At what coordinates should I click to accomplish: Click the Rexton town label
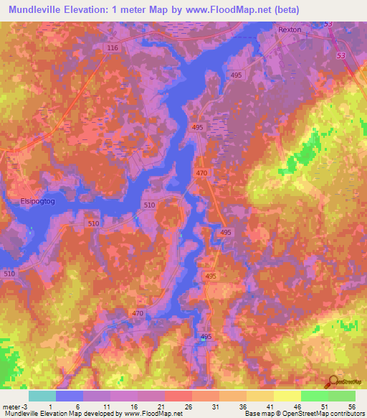[x=290, y=29]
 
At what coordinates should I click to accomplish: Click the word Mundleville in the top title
[x=34, y=9]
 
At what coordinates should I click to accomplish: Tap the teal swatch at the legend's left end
[x=42, y=396]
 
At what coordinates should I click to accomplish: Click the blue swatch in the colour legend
[x=70, y=396]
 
